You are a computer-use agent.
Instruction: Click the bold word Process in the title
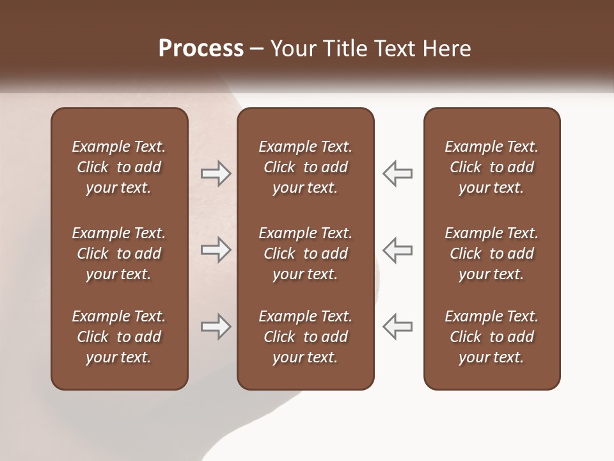pyautogui.click(x=201, y=49)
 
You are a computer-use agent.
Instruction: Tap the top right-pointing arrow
pyautogui.click(x=216, y=174)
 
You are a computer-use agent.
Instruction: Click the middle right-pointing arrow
pyautogui.click(x=216, y=250)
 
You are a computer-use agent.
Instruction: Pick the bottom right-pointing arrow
pyautogui.click(x=216, y=327)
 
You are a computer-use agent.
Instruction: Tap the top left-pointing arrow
pyautogui.click(x=397, y=174)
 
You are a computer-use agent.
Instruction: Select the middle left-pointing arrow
pyautogui.click(x=397, y=250)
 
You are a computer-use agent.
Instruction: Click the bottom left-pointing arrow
pyautogui.click(x=397, y=327)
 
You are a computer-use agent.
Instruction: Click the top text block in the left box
pyautogui.click(x=119, y=167)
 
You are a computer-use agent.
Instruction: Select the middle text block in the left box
pyautogui.click(x=119, y=254)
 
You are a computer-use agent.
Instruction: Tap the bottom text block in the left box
pyautogui.click(x=119, y=337)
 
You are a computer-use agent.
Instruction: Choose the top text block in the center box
pyautogui.click(x=305, y=167)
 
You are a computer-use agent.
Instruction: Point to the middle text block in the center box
pyautogui.click(x=305, y=254)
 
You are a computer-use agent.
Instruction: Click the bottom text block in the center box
pyautogui.click(x=305, y=337)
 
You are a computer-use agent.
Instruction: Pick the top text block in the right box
pyautogui.click(x=492, y=167)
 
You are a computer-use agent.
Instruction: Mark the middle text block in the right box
pyautogui.click(x=492, y=254)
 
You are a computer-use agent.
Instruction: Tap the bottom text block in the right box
pyautogui.click(x=492, y=337)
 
